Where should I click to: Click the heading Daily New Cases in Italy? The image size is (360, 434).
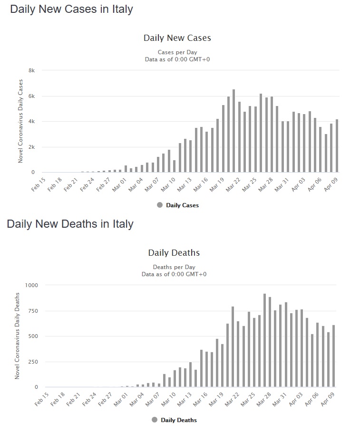tap(71, 10)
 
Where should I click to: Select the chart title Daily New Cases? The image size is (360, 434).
tap(177, 38)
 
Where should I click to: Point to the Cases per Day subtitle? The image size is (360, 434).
tap(177, 52)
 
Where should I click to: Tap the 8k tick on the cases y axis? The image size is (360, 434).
tap(31, 70)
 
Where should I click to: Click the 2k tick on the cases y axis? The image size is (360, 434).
tap(31, 147)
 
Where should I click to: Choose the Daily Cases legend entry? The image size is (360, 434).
tap(182, 205)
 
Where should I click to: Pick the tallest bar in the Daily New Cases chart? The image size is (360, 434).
tap(234, 131)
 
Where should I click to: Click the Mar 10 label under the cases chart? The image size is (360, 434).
tap(169, 183)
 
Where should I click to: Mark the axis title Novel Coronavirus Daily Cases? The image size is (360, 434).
tap(20, 122)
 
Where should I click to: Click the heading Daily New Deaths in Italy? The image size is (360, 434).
tap(70, 224)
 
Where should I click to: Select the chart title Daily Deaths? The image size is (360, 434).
tap(174, 252)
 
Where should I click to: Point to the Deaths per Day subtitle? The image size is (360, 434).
tap(174, 267)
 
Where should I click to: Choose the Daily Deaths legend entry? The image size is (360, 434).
tap(178, 420)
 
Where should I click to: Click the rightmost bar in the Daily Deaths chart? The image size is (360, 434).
tap(333, 356)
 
